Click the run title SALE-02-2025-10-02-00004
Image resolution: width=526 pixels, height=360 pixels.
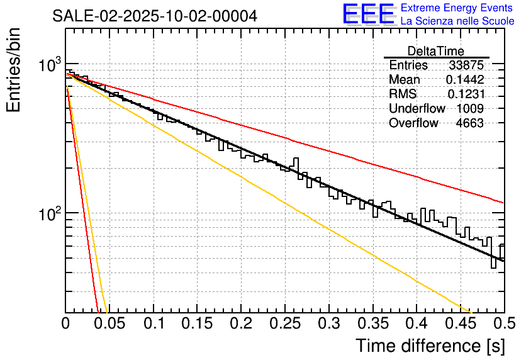pos(155,16)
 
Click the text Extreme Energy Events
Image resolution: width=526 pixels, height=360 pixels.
pos(457,8)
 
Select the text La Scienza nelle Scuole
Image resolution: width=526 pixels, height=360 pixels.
pos(457,21)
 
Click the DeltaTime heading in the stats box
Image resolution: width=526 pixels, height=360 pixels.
pos(436,51)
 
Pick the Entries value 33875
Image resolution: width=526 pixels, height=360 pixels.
pos(466,65)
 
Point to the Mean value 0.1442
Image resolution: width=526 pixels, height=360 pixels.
pos(465,80)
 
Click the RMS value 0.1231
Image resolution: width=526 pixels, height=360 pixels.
pos(466,94)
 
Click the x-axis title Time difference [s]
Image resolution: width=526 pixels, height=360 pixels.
pos(428,346)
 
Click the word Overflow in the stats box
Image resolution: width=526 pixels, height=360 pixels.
pos(413,123)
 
